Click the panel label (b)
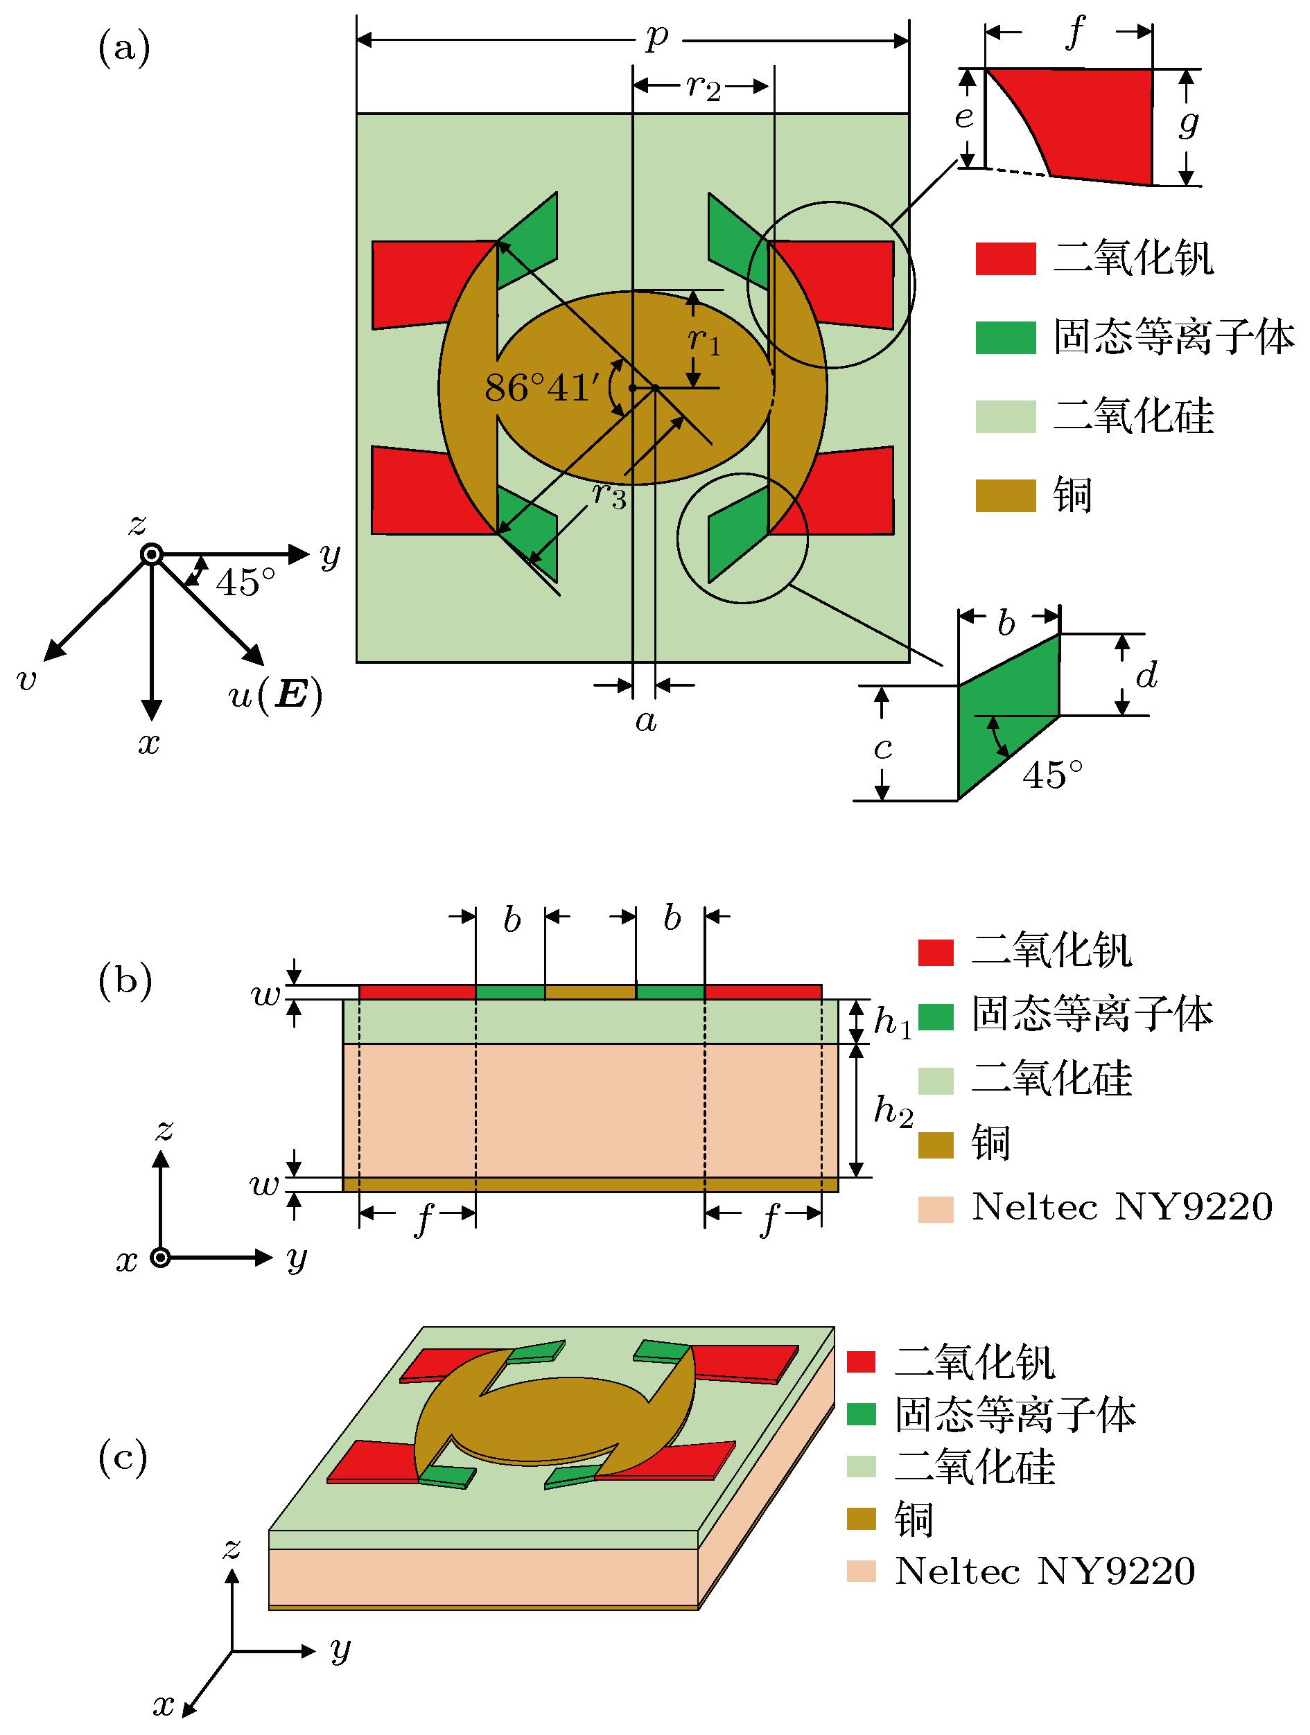(125, 980)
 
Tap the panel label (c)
(123, 1457)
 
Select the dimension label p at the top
(657, 36)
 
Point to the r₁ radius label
(704, 340)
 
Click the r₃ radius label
(609, 495)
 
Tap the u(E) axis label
(274, 694)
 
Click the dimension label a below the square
(645, 720)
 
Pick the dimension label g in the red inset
(1189, 123)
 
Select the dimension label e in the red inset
(964, 118)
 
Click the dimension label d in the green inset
(1147, 675)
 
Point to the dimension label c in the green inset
(882, 748)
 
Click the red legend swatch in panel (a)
(1005, 259)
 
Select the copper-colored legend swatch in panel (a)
(1005, 495)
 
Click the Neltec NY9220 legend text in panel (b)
(1121, 1207)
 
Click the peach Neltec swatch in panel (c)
(861, 1571)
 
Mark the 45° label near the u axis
(245, 583)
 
